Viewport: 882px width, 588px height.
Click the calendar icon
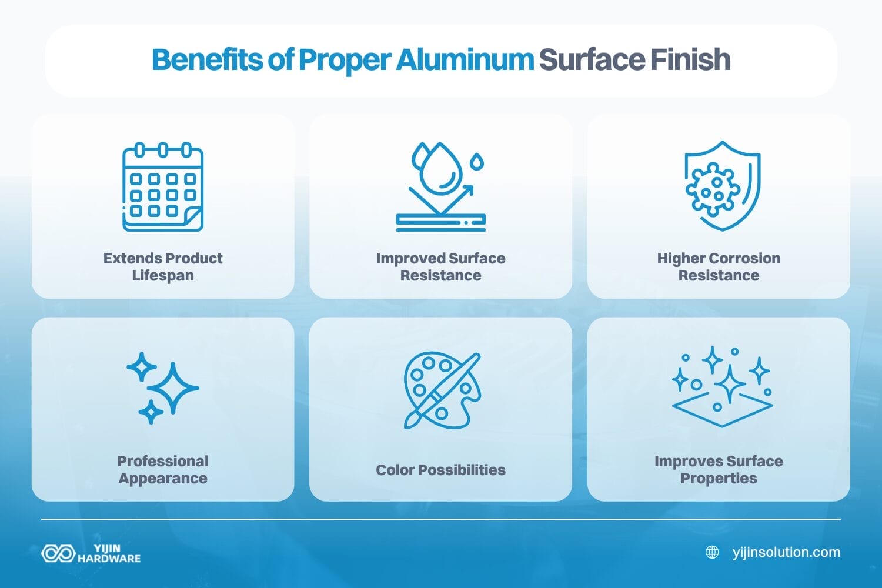click(x=163, y=187)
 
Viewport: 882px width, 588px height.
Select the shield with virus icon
click(x=722, y=186)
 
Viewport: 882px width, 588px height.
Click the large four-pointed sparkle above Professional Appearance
click(x=173, y=388)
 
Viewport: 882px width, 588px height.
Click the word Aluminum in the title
click(x=465, y=59)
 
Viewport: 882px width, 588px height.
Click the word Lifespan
click(x=163, y=276)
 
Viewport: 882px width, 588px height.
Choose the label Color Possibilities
click(x=440, y=470)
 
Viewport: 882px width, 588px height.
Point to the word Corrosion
click(x=747, y=258)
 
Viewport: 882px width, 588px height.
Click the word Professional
click(x=163, y=461)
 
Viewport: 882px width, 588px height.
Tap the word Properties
click(x=719, y=479)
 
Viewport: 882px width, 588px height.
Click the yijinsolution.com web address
click(x=786, y=552)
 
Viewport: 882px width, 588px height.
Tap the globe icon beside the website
click(x=712, y=552)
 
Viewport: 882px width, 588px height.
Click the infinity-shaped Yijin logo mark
click(x=58, y=553)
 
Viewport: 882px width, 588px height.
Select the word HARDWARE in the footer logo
click(x=109, y=559)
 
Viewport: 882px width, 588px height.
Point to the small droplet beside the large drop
click(x=477, y=161)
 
